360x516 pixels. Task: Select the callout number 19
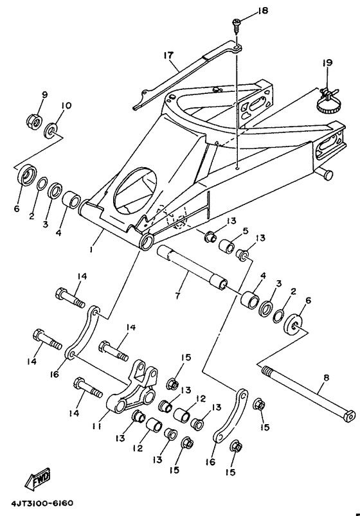pyautogui.click(x=327, y=63)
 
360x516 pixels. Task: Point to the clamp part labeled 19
pyautogui.click(x=325, y=102)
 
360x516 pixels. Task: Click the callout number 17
pyautogui.click(x=169, y=57)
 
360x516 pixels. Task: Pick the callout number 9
pyautogui.click(x=45, y=95)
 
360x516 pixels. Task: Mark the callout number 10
pyautogui.click(x=66, y=105)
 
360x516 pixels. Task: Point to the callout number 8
pyautogui.click(x=325, y=379)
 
